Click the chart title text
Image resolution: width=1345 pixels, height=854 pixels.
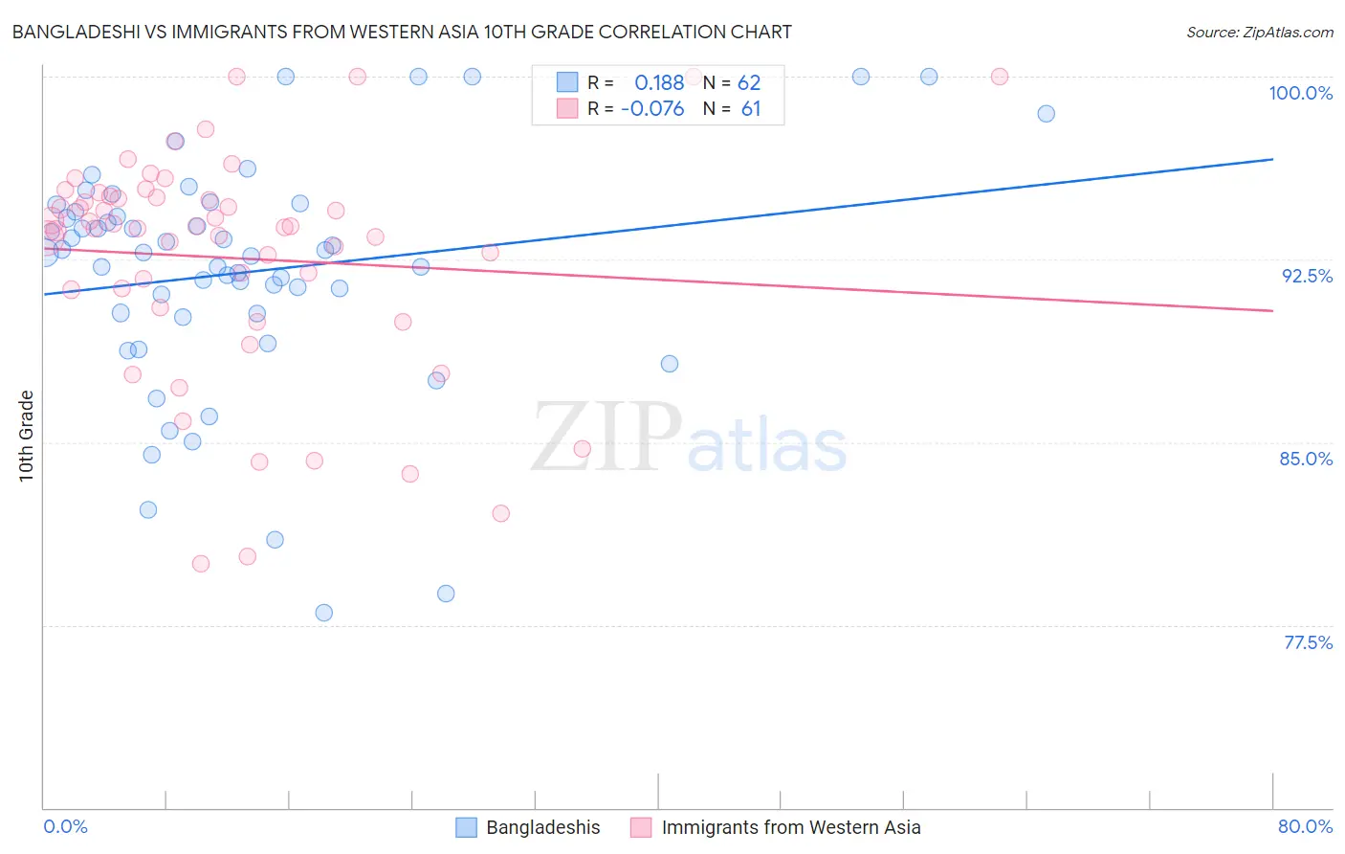pos(401,32)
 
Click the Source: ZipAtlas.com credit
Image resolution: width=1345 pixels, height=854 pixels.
pos(1259,33)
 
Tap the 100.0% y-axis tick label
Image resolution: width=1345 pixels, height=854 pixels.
pos(1300,93)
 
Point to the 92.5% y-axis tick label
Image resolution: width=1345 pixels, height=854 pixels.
pos(1307,276)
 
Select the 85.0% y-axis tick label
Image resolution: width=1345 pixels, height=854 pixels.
pos(1306,459)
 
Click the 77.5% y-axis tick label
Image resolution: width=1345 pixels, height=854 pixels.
pos(1308,642)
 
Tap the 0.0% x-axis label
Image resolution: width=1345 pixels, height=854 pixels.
pos(65,826)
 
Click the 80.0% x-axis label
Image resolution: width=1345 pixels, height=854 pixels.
pos(1305,826)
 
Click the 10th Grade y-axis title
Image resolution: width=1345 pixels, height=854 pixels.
pos(27,436)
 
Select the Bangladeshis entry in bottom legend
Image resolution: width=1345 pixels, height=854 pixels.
pos(542,827)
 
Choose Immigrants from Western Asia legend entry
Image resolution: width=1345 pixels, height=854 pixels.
pos(790,827)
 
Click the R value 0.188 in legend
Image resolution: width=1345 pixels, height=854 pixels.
pos(659,83)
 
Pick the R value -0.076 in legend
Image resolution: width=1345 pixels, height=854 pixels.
pos(652,109)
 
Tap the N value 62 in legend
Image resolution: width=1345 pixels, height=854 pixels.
pos(749,83)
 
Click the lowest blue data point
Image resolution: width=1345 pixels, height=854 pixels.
pos(323,613)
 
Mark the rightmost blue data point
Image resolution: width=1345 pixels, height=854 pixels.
pos(1046,114)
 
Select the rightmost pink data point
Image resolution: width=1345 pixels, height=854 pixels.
pos(999,77)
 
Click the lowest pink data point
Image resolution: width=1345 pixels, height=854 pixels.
pos(201,564)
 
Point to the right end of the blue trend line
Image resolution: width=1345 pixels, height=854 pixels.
pos(1272,159)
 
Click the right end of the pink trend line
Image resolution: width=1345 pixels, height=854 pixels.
pos(1272,310)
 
